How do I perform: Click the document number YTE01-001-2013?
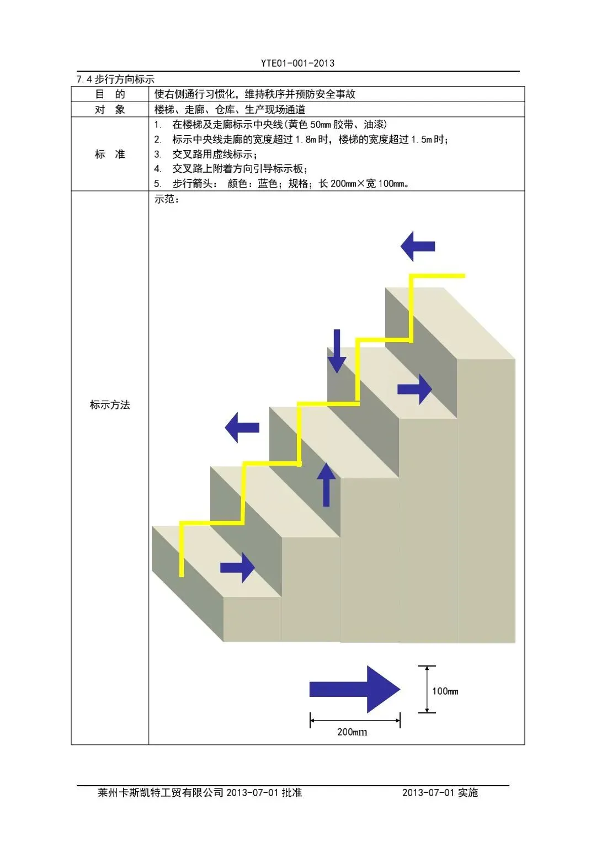[x=297, y=63]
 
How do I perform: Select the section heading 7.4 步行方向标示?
[x=115, y=79]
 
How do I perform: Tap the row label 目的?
[x=110, y=94]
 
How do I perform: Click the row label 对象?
[x=110, y=109]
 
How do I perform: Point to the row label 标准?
[x=110, y=154]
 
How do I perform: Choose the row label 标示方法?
[x=110, y=405]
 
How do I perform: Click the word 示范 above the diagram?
[x=166, y=199]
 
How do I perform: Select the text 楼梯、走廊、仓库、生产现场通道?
[x=230, y=109]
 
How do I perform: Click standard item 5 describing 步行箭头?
[x=281, y=184]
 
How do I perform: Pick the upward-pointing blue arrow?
[x=326, y=485]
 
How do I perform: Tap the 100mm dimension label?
[x=445, y=691]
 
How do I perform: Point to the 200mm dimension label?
[x=352, y=732]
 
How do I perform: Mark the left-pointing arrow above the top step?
[x=418, y=246]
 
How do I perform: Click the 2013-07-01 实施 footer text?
[x=440, y=793]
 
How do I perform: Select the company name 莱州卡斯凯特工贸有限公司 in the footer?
[x=161, y=793]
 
